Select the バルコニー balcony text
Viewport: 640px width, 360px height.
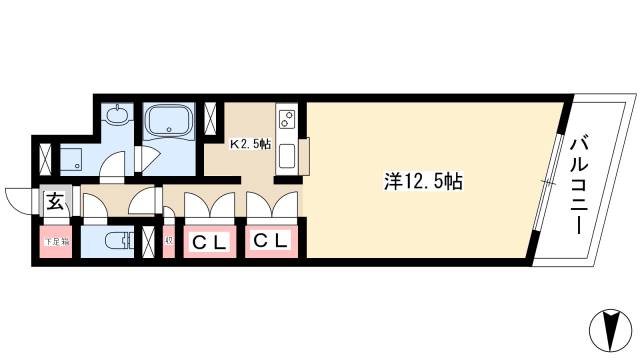click(578, 186)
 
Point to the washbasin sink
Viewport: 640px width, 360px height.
click(117, 116)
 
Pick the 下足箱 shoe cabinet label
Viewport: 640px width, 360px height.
click(55, 241)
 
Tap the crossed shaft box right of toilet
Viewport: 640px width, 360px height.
click(150, 241)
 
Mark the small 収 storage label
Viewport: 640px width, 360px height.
click(168, 240)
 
